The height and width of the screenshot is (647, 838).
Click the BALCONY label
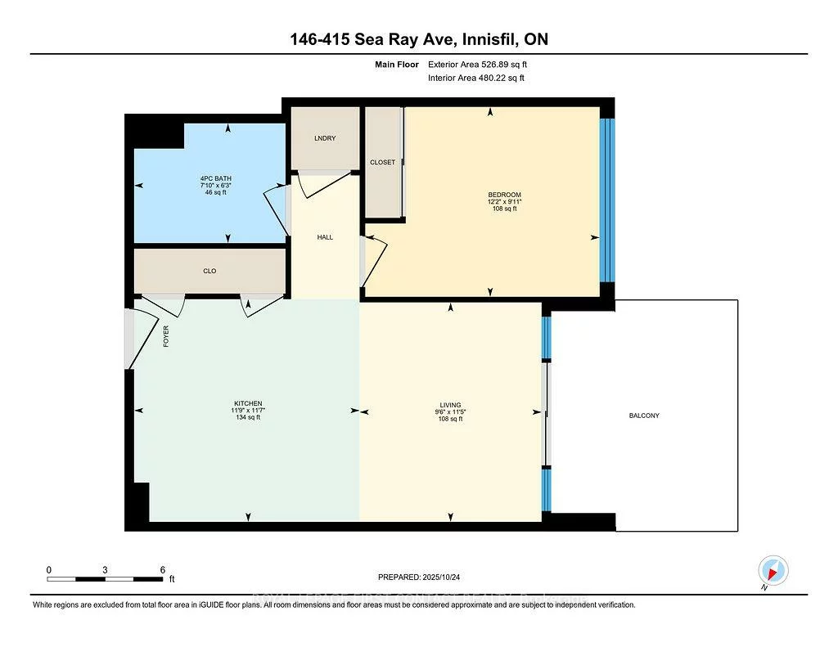[x=644, y=416]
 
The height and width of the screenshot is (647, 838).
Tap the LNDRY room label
[x=325, y=138]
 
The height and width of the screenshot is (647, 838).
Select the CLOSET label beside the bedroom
[x=382, y=162]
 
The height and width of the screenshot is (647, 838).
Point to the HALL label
[x=325, y=237]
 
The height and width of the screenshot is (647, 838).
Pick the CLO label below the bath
[x=209, y=271]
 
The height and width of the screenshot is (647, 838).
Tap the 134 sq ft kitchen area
[x=248, y=418]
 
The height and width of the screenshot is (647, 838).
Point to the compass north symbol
[x=773, y=571]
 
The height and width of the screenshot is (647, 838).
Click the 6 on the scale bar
[x=163, y=569]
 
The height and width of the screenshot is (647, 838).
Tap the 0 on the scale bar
[x=49, y=569]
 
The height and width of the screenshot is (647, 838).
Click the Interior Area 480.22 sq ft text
[x=475, y=78]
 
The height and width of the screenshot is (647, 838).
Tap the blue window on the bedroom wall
[x=606, y=200]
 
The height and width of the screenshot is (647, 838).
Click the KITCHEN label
[x=248, y=403]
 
